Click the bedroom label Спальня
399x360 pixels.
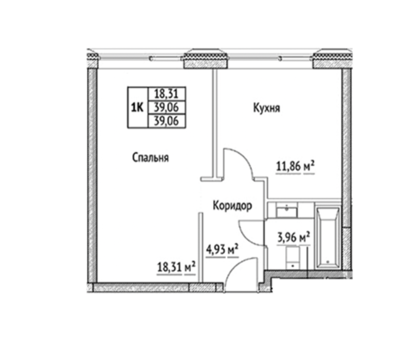coord(150,158)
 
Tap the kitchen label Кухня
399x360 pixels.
coord(266,108)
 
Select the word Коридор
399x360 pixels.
coord(232,206)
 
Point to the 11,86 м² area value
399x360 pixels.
coord(296,167)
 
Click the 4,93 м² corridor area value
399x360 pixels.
coord(222,250)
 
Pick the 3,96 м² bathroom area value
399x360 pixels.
coord(294,238)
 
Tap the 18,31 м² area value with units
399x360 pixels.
coord(176,267)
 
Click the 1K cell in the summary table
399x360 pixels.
coord(137,107)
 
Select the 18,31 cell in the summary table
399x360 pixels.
coord(167,94)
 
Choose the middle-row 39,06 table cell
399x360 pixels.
coord(167,107)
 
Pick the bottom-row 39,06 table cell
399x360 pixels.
coord(167,121)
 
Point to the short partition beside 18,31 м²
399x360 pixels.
coord(201,247)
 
